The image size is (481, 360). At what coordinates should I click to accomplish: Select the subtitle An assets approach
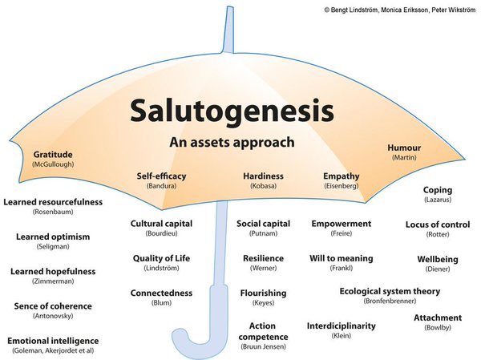pyautogui.click(x=232, y=143)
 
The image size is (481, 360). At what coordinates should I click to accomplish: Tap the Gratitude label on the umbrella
pyautogui.click(x=54, y=154)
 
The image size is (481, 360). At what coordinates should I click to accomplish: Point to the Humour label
pyautogui.click(x=404, y=148)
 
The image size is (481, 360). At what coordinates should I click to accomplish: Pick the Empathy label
pyautogui.click(x=342, y=176)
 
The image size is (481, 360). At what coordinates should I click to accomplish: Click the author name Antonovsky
pyautogui.click(x=53, y=316)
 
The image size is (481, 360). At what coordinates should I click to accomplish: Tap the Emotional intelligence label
pyautogui.click(x=53, y=341)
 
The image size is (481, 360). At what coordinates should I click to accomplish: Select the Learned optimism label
pyautogui.click(x=53, y=237)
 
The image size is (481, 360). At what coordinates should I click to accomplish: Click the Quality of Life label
pyautogui.click(x=161, y=258)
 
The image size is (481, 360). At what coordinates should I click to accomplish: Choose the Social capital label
pyautogui.click(x=263, y=223)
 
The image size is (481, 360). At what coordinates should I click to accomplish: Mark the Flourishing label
pyautogui.click(x=263, y=293)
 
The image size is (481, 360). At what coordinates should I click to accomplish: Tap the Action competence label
pyautogui.click(x=263, y=330)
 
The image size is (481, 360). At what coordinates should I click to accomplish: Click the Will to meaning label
pyautogui.click(x=342, y=258)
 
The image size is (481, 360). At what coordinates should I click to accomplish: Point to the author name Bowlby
pyautogui.click(x=438, y=328)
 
